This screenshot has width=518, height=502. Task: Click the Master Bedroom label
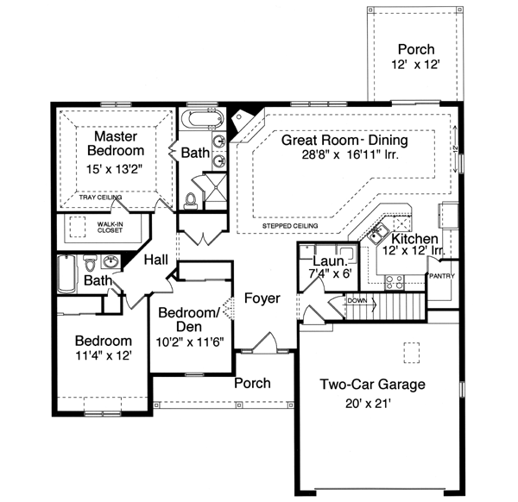(x=111, y=144)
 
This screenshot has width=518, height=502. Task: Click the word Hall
(x=156, y=260)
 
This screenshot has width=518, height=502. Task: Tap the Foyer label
(x=262, y=298)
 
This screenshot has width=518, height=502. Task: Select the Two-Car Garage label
(x=372, y=385)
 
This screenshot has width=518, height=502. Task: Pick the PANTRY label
(x=441, y=276)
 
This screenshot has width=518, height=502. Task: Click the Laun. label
(x=330, y=260)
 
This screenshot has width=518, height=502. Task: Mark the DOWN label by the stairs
(x=358, y=301)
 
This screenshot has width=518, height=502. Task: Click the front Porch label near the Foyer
(x=252, y=383)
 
